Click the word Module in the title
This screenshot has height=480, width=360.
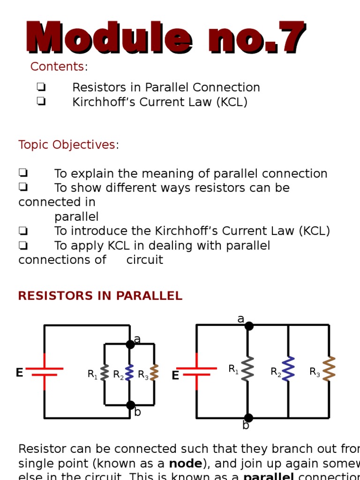tap(109, 38)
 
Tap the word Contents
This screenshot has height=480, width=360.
tap(57, 67)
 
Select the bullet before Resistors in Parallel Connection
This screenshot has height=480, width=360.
tap(41, 87)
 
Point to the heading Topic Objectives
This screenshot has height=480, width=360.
tap(67, 145)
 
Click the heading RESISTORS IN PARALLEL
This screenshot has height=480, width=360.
tap(100, 296)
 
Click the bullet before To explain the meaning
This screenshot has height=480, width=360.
tap(23, 173)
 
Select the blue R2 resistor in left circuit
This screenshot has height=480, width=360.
tap(130, 373)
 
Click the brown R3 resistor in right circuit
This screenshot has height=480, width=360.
tap(329, 369)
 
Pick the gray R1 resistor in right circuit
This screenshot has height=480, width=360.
tap(247, 369)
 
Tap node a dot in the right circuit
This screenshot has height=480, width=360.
tap(249, 326)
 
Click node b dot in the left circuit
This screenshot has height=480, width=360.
tap(130, 405)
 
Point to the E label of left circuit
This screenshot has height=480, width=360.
tap(19, 373)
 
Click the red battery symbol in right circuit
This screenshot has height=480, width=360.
tap(196, 371)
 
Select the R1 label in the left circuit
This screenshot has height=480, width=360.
tap(92, 375)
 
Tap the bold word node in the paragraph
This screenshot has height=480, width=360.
tap(186, 464)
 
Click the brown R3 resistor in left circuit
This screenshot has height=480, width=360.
tap(154, 373)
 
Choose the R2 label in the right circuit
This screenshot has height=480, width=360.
tap(276, 372)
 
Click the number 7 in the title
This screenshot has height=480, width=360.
tap(291, 38)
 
